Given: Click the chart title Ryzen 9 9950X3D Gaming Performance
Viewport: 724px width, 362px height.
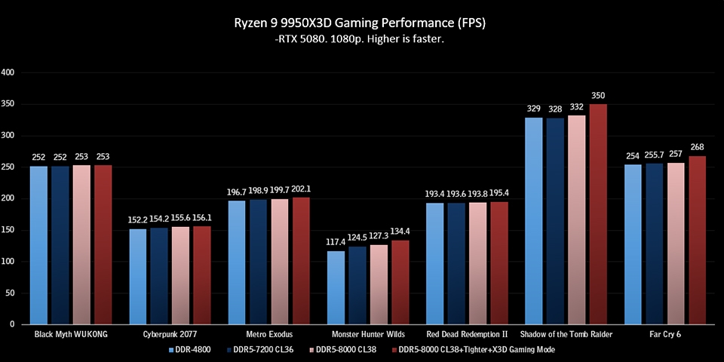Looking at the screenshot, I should point(361,23).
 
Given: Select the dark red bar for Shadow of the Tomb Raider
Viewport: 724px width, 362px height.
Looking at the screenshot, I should point(598,214).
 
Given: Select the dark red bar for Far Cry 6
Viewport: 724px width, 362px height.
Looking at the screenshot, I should point(697,240).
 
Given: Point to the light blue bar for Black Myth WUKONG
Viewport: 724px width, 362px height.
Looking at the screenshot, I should point(39,245).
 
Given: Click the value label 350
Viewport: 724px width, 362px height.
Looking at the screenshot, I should point(598,96).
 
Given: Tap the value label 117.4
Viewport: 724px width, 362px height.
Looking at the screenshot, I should point(336,242).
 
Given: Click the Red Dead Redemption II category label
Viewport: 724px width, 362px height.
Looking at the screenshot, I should point(467,333).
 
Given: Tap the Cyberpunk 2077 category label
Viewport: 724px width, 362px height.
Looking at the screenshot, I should point(170,333).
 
